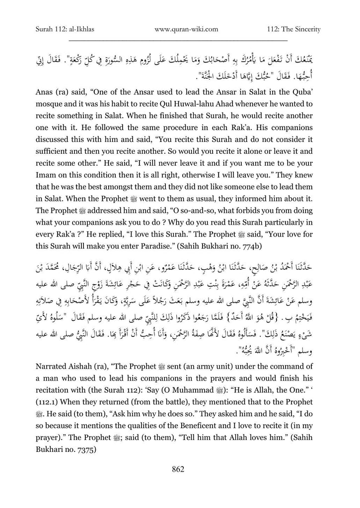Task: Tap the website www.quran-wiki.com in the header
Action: click(x=179, y=30)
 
